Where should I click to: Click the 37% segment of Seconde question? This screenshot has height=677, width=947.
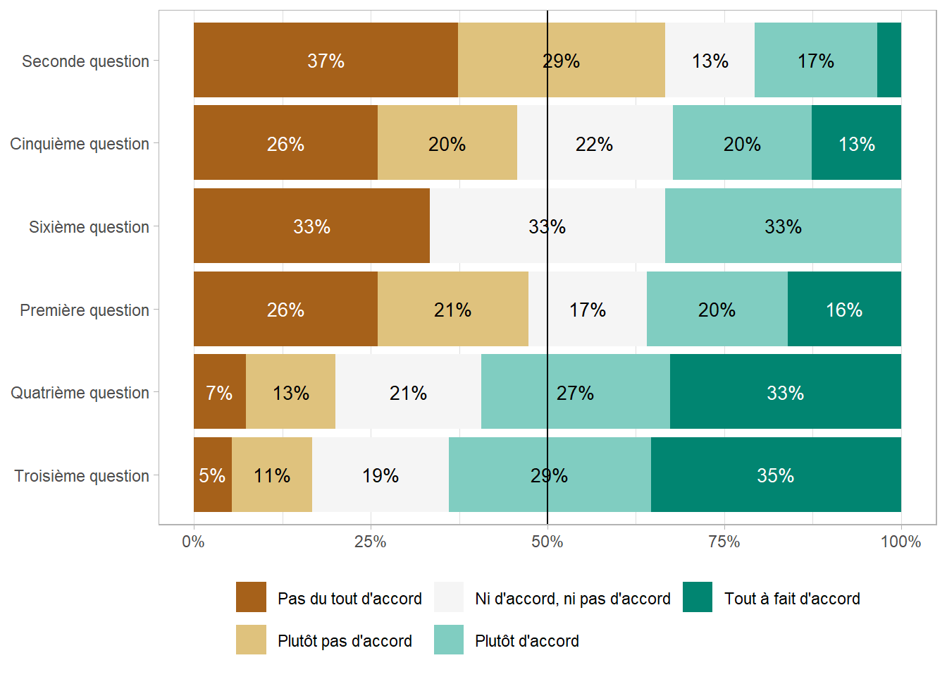[x=326, y=60]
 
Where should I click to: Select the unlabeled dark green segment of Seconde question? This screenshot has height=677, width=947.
[x=889, y=60]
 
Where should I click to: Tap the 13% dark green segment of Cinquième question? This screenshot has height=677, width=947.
[x=856, y=143]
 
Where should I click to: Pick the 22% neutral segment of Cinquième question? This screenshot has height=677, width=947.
[x=595, y=143]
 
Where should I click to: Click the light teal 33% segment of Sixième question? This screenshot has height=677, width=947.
[x=783, y=226]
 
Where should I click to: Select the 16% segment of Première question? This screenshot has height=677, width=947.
[x=844, y=309]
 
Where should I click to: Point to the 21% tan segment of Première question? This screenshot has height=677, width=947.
[x=453, y=309]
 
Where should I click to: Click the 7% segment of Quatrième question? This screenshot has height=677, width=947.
[x=219, y=392]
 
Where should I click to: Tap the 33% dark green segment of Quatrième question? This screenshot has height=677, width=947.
[x=785, y=392]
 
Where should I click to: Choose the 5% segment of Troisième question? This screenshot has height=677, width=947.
[x=212, y=475]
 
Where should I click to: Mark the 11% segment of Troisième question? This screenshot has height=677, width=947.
[x=272, y=475]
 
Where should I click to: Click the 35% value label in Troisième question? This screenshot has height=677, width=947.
[x=775, y=475]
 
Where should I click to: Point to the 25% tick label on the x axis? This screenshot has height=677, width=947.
[x=371, y=542]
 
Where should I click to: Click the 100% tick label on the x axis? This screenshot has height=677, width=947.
[x=900, y=542]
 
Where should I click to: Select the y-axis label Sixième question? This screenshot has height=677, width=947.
[x=89, y=226]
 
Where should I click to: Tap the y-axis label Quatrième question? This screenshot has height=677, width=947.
[x=80, y=393]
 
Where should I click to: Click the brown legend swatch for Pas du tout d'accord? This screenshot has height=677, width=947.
[x=251, y=597]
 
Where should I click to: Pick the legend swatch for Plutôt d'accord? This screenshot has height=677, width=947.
[x=449, y=640]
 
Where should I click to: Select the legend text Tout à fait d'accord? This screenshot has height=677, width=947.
[x=792, y=599]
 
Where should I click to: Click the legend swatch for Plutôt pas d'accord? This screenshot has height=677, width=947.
[x=251, y=640]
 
